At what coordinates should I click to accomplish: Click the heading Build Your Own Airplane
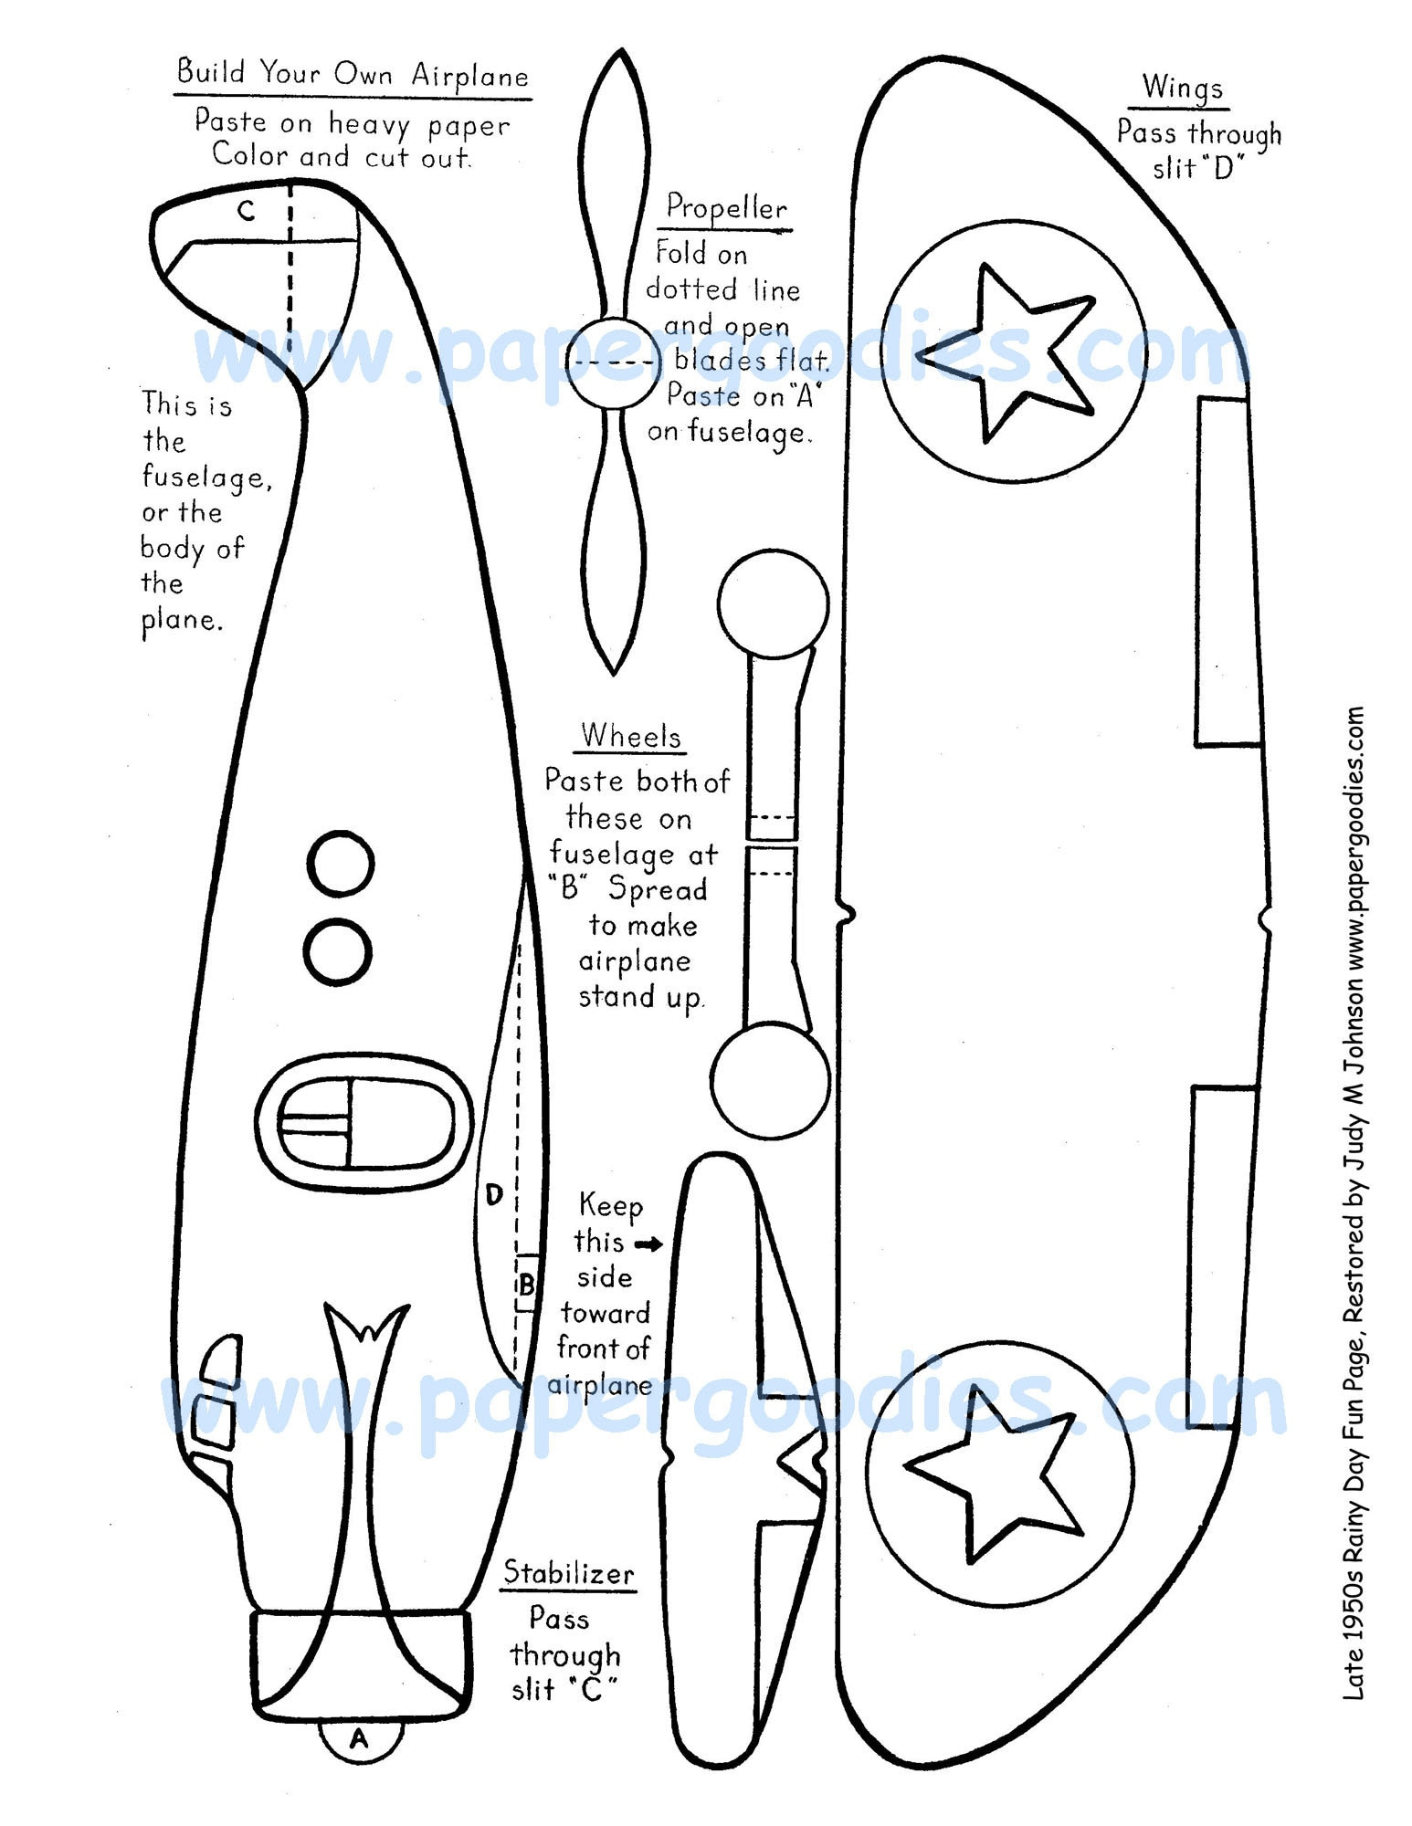click(353, 72)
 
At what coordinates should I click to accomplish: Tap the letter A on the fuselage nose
click(358, 1738)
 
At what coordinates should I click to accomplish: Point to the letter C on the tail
click(247, 211)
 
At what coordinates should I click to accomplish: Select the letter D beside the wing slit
click(494, 1194)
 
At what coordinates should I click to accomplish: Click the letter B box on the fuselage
click(526, 1286)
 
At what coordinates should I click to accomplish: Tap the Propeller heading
click(726, 208)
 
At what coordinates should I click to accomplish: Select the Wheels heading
click(631, 736)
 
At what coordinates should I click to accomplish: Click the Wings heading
click(1182, 88)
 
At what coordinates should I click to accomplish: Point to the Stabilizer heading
click(569, 1572)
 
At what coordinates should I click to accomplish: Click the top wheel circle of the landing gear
click(773, 603)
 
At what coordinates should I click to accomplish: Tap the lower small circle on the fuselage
click(337, 951)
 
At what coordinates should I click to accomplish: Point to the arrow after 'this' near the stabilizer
click(649, 1244)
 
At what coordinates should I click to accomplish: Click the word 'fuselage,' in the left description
click(206, 477)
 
